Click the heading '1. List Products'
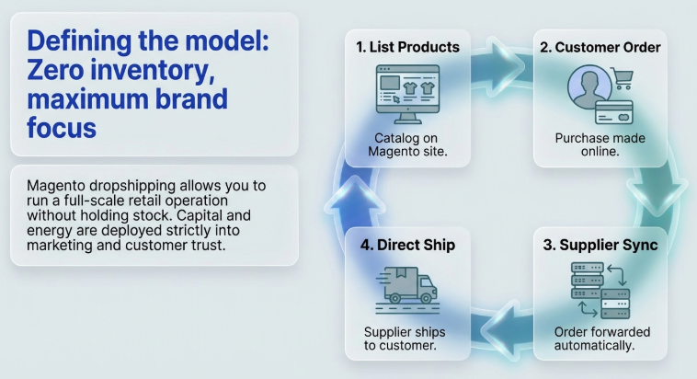pos(407,47)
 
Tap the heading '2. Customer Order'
pos(600,47)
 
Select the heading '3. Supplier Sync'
pos(600,247)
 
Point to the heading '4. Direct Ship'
pos(407,247)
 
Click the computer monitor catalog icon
pos(407,92)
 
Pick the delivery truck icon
pos(407,288)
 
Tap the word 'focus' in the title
pos(61,128)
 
